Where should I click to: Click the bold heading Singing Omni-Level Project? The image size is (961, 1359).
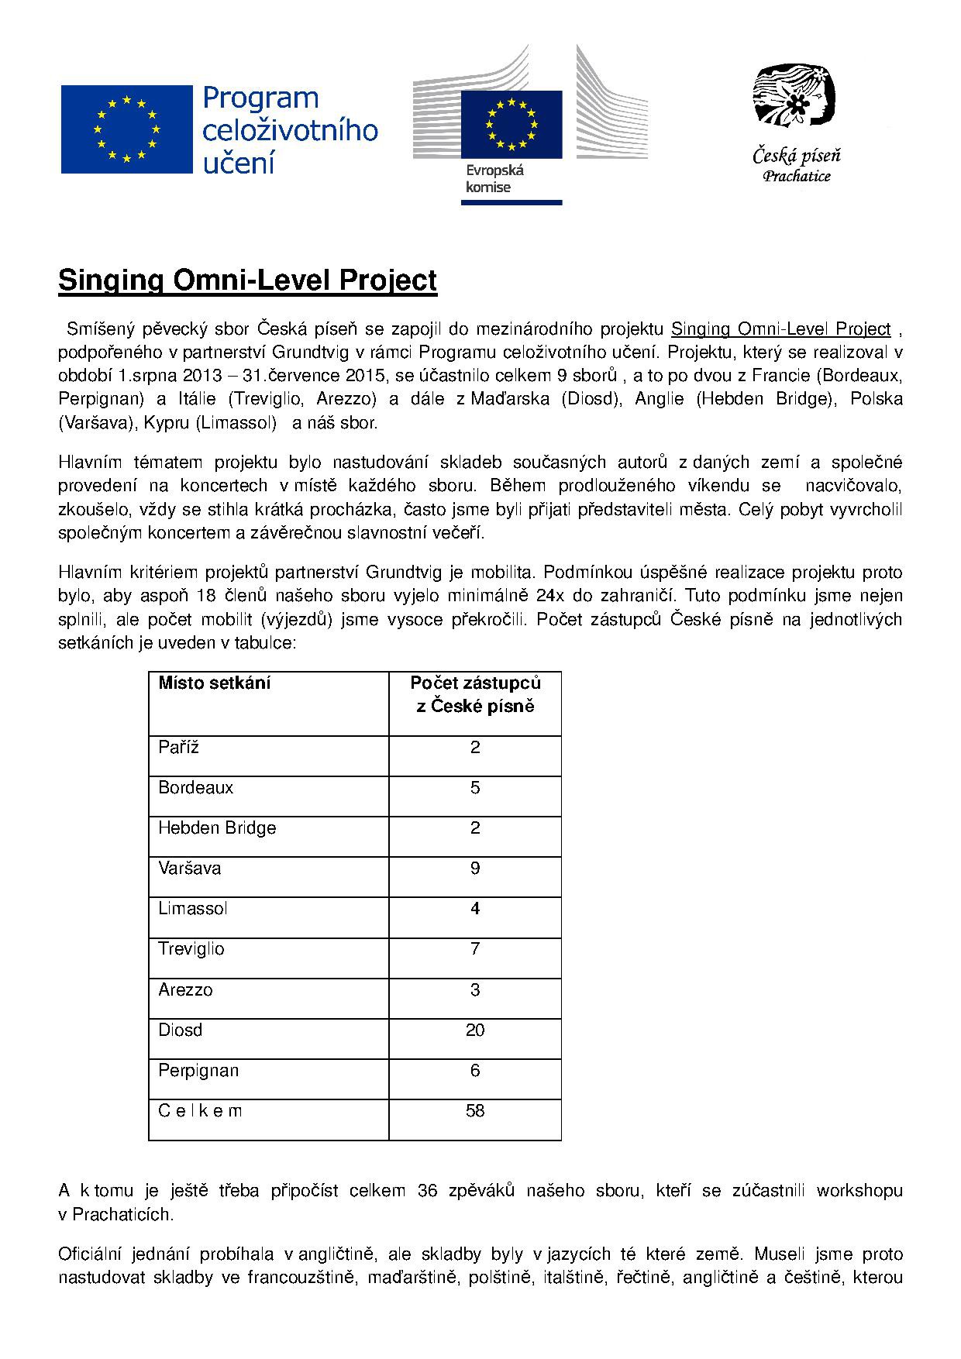(x=247, y=280)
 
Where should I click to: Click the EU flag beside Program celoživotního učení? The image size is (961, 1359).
(x=126, y=129)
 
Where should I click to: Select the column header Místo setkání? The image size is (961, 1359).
(x=215, y=683)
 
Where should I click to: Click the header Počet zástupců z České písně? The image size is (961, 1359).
(x=475, y=694)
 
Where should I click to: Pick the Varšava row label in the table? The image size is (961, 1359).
(x=190, y=868)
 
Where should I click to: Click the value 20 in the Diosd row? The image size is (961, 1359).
(x=475, y=1030)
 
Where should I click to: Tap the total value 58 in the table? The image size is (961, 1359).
(x=475, y=1110)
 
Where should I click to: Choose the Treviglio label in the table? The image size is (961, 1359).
(x=191, y=949)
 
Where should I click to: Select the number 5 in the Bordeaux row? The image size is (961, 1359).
(x=475, y=787)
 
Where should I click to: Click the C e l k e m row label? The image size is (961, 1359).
(x=200, y=1110)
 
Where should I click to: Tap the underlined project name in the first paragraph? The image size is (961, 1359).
(x=780, y=329)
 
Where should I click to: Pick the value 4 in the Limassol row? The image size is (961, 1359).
(x=475, y=908)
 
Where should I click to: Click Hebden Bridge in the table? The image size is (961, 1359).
(x=217, y=827)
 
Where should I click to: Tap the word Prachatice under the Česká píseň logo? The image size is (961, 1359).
(x=797, y=177)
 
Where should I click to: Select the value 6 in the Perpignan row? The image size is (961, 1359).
(x=475, y=1070)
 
